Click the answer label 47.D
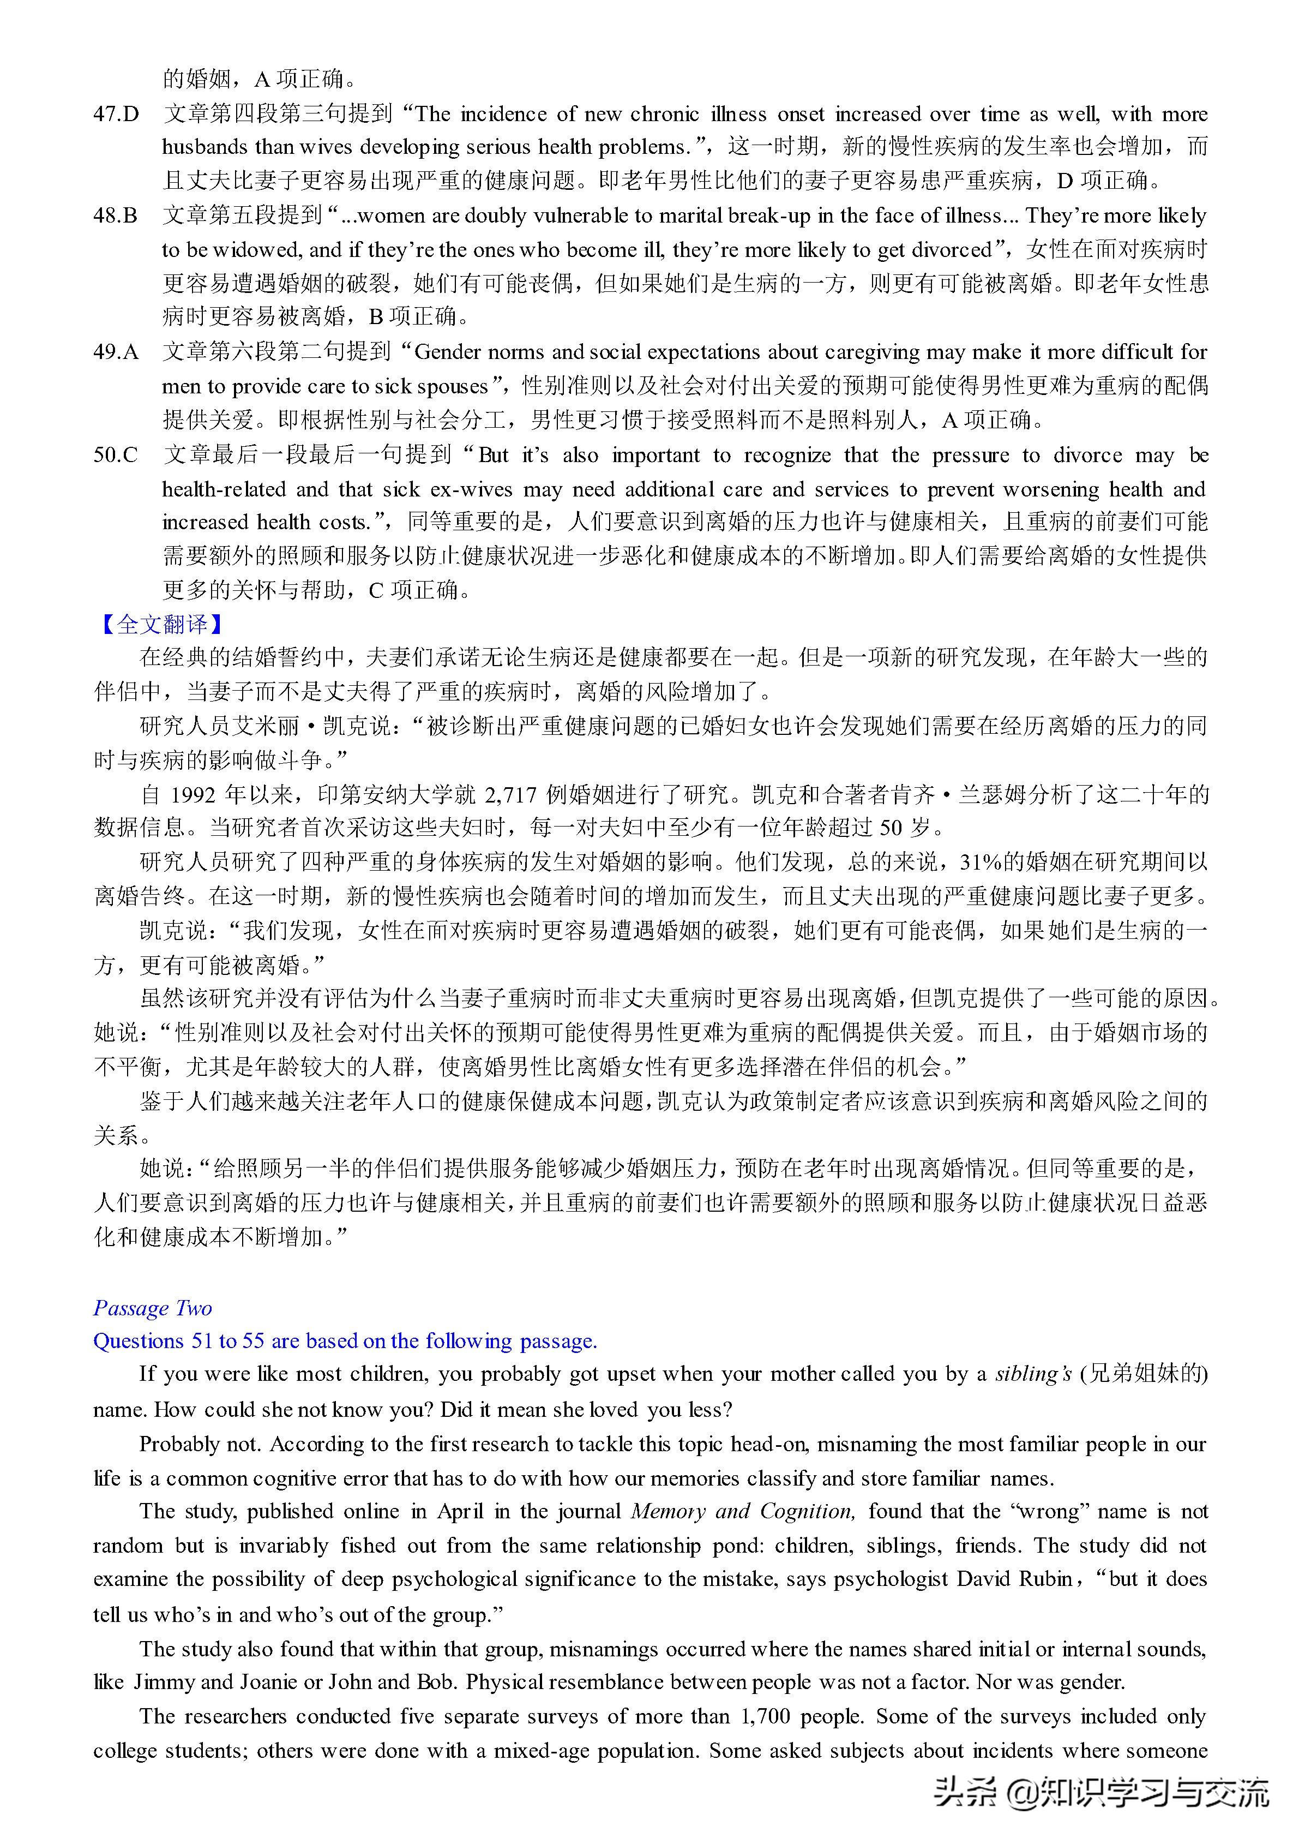[x=116, y=113]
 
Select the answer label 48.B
[x=116, y=215]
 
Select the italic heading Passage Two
[x=153, y=1308]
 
